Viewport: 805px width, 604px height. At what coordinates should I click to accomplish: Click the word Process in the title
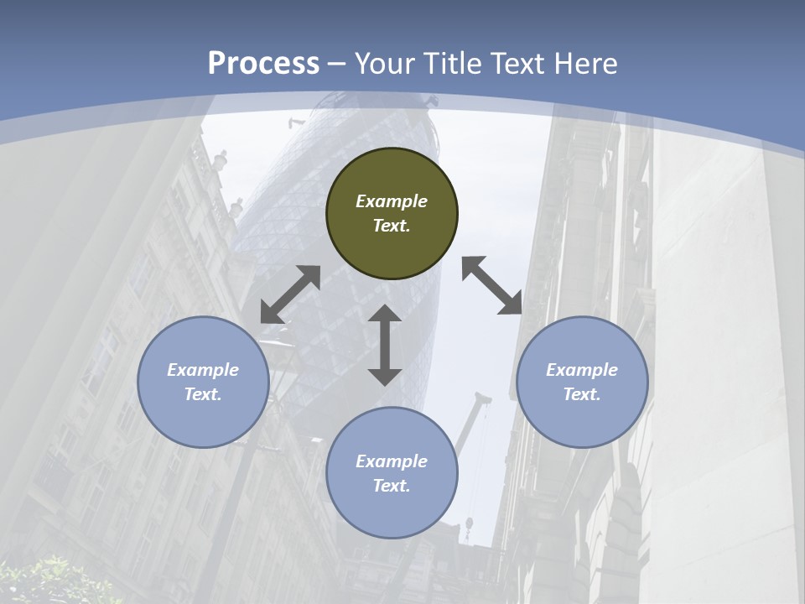tap(263, 64)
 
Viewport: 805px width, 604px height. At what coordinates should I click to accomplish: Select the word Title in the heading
tap(453, 64)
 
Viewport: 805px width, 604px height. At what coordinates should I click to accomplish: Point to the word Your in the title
tap(386, 64)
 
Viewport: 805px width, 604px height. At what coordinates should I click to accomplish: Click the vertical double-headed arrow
tap(385, 345)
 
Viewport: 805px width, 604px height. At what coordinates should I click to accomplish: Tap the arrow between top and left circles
tap(290, 294)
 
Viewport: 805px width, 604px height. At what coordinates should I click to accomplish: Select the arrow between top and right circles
tap(492, 285)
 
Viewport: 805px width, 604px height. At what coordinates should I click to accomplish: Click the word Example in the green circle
tap(392, 201)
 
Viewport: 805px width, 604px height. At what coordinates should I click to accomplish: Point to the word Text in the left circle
tap(203, 394)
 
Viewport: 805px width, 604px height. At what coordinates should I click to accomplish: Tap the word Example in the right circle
tap(582, 370)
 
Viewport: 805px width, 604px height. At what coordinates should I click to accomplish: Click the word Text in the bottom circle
tap(392, 486)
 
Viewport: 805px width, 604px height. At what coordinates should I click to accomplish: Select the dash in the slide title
tap(337, 64)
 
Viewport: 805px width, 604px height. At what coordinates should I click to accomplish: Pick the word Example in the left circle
tap(203, 370)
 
